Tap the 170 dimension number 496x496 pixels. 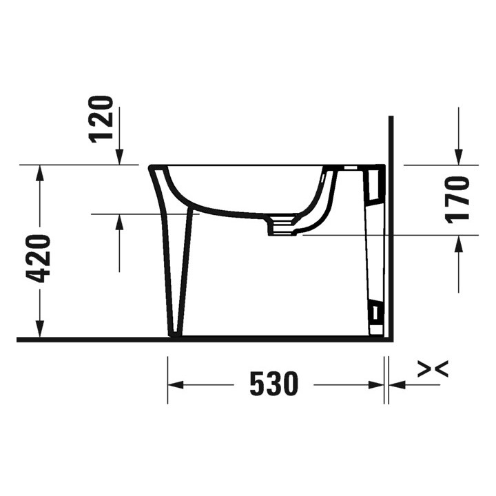457,199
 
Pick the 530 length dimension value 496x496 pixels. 273,384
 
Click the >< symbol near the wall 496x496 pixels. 433,370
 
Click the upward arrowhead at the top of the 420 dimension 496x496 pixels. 40,173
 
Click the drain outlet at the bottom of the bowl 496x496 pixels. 282,225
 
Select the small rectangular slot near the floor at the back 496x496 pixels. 375,314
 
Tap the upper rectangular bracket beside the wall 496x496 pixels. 375,182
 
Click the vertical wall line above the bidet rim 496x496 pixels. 391,138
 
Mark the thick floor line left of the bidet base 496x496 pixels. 90,339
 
